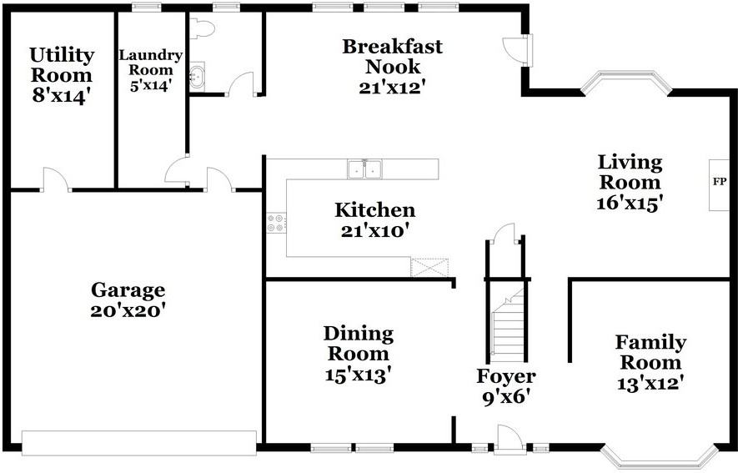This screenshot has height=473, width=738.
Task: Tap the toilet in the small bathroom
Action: pyautogui.click(x=202, y=29)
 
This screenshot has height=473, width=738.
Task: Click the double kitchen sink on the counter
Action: pyautogui.click(x=364, y=169)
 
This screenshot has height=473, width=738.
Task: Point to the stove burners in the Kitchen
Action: pyautogui.click(x=276, y=223)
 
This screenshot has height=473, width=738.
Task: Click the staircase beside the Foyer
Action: pyautogui.click(x=507, y=330)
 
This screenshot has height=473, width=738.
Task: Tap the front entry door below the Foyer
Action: pyautogui.click(x=509, y=440)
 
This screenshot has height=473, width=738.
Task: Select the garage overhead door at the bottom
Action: pyautogui.click(x=138, y=443)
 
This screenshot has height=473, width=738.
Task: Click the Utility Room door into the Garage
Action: pyautogui.click(x=56, y=180)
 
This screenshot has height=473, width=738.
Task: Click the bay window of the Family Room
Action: pyautogui.click(x=660, y=455)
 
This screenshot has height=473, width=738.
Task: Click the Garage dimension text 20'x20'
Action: pyautogui.click(x=128, y=310)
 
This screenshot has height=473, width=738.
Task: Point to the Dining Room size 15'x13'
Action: pyautogui.click(x=358, y=375)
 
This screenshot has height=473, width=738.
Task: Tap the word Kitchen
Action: pyautogui.click(x=374, y=210)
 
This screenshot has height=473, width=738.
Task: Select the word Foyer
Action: pyautogui.click(x=505, y=376)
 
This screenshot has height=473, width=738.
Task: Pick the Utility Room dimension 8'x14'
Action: pyautogui.click(x=61, y=95)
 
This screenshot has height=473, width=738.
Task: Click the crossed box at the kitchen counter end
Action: pyautogui.click(x=429, y=268)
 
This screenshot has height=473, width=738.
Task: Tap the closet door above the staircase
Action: pyautogui.click(x=506, y=234)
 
